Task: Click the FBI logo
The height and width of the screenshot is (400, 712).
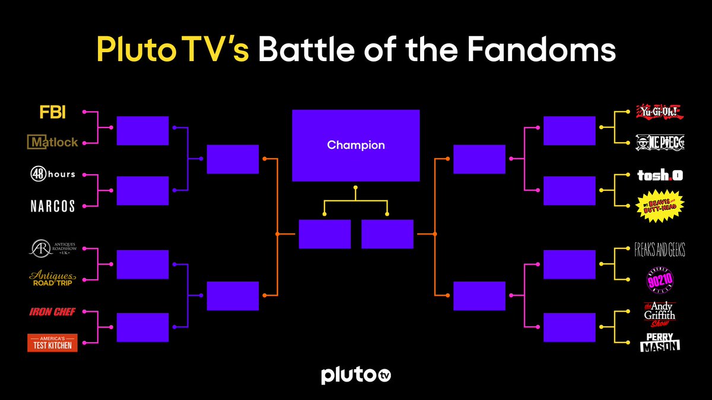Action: pyautogui.click(x=52, y=113)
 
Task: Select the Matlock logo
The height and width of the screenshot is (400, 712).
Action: pyautogui.click(x=52, y=142)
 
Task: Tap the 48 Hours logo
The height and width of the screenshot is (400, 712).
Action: pyautogui.click(x=52, y=174)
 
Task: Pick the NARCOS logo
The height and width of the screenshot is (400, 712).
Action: pyautogui.click(x=52, y=206)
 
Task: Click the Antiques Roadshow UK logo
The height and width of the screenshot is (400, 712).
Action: pyautogui.click(x=52, y=249)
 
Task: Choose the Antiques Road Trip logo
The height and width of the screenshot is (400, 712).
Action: pyautogui.click(x=52, y=279)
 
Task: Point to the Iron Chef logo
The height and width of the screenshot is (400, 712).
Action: pyautogui.click(x=52, y=312)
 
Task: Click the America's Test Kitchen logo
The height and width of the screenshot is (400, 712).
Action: pyautogui.click(x=52, y=343)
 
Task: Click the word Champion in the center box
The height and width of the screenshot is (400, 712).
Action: pyautogui.click(x=356, y=145)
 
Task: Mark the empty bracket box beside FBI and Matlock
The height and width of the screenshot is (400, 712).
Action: pyautogui.click(x=142, y=130)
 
